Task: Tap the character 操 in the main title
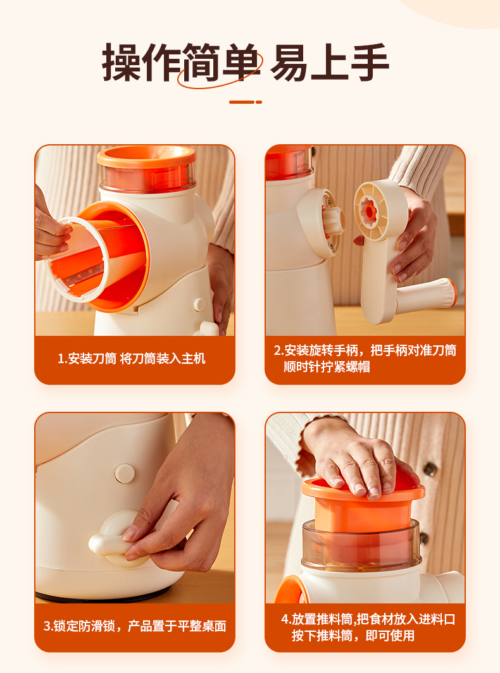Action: tap(122, 63)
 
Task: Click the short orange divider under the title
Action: tap(246, 102)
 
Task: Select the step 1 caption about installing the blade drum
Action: tap(132, 359)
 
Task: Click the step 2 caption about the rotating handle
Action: tap(365, 359)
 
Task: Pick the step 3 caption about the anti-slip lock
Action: tap(135, 626)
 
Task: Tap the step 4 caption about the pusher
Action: tap(368, 627)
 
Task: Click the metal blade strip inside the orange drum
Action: tap(84, 275)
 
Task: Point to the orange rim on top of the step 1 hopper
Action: tap(146, 157)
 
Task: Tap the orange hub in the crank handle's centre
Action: tap(368, 211)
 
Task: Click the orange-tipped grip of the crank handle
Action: tap(426, 295)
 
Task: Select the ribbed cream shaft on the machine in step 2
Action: tap(334, 220)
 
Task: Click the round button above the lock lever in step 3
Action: tap(125, 473)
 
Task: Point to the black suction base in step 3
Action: tap(103, 596)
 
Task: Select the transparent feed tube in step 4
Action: tap(361, 545)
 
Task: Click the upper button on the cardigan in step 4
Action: tap(430, 469)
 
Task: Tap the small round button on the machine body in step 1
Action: tap(199, 304)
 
